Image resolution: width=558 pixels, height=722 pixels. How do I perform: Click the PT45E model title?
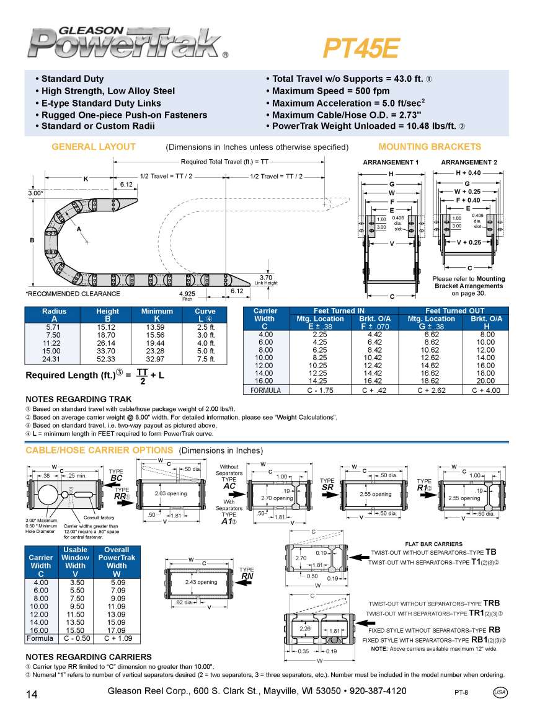tap(361, 48)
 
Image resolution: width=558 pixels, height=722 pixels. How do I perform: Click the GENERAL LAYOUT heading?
tap(93, 147)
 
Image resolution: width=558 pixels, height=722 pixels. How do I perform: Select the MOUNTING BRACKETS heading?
tap(429, 147)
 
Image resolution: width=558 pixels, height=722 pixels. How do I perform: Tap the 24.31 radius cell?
tap(54, 359)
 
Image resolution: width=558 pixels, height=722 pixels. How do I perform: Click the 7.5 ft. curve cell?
tap(205, 359)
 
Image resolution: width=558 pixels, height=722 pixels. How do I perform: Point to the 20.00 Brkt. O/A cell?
tap(485, 381)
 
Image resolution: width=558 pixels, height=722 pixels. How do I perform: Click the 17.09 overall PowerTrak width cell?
tap(117, 630)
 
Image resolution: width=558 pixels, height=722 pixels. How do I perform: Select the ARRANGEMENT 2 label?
tap(469, 162)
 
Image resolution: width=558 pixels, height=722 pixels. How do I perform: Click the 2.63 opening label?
tap(170, 493)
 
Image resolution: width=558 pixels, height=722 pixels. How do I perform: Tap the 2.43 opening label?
tap(201, 582)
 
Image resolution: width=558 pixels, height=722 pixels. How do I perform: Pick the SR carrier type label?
tap(327, 488)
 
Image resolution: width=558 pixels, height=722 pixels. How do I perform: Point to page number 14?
tap(32, 694)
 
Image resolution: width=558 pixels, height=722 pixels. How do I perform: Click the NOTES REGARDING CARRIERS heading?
tap(88, 657)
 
